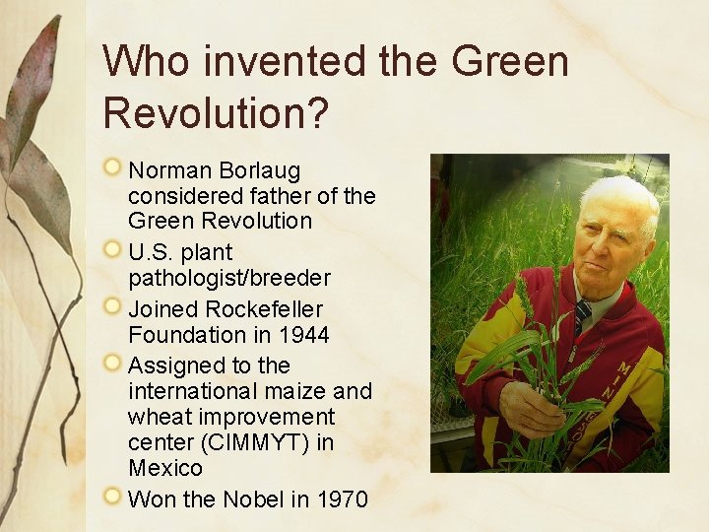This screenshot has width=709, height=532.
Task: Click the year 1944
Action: (303, 335)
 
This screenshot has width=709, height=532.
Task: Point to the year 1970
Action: (343, 499)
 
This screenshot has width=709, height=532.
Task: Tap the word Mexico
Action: (164, 467)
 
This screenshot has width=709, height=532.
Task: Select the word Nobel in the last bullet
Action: (253, 499)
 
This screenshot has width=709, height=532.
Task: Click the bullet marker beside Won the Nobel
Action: (115, 498)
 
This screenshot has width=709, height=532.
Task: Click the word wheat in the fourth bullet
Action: (157, 417)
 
